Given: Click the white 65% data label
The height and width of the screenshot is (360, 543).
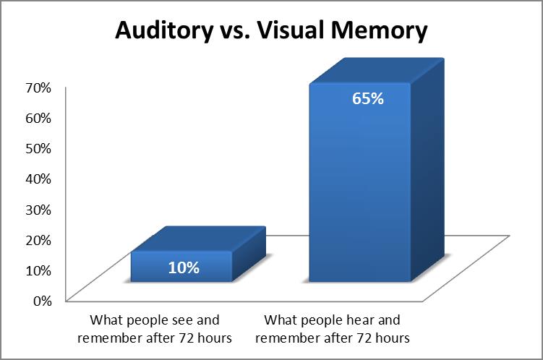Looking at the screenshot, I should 367,99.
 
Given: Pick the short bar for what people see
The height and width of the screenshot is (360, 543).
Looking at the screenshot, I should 181,267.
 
